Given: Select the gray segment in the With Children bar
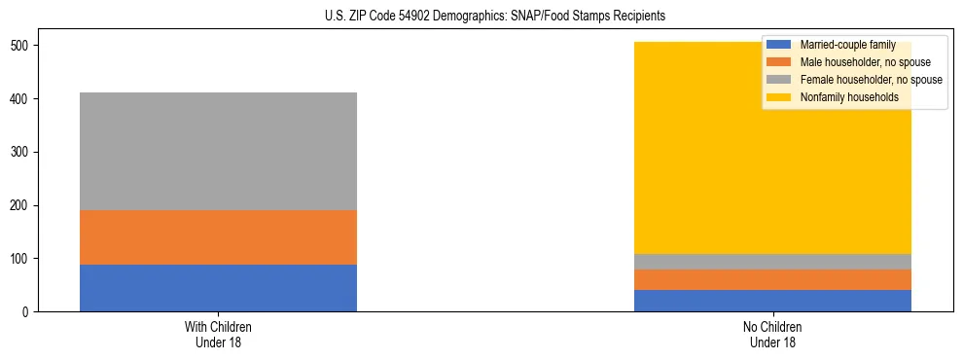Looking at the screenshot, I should coord(218,151).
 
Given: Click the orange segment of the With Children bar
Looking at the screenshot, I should coord(218,237).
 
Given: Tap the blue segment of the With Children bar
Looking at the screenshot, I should coord(218,288).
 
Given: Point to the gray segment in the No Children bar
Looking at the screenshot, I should coord(772,262).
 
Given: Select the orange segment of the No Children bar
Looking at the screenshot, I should coord(772,280).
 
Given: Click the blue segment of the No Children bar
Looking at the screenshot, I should coord(772,301).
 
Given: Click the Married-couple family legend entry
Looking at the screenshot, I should coord(840,45).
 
